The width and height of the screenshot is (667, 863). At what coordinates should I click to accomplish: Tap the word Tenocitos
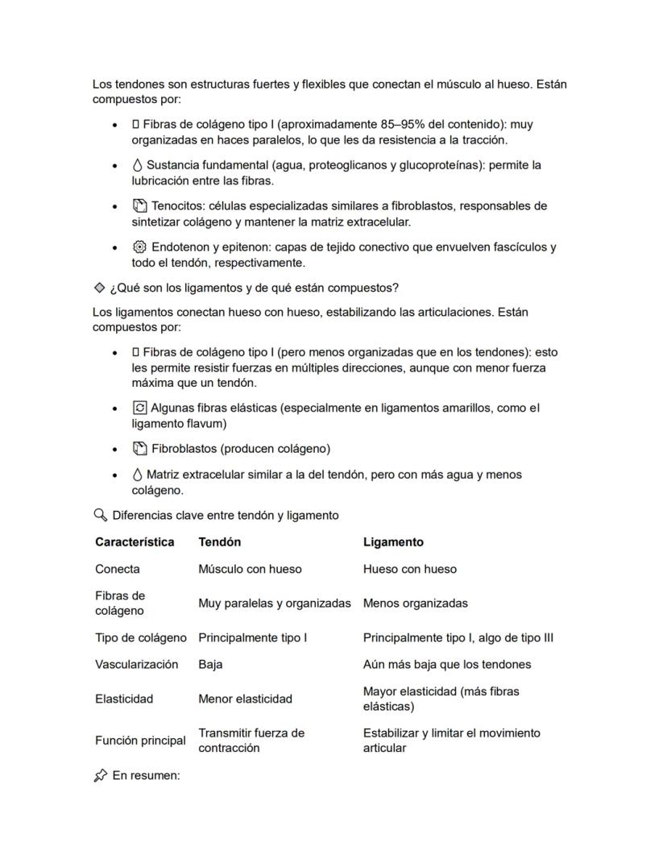point(178,206)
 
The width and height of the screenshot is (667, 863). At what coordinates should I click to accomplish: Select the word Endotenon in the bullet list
point(180,247)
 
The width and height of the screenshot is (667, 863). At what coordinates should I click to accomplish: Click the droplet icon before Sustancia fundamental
point(137,165)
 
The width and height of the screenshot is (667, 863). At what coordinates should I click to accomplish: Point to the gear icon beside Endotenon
point(139,247)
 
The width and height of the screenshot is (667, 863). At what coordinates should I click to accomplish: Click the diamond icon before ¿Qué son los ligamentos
point(99,288)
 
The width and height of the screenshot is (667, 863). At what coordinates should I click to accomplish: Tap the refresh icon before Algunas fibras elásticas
point(139,408)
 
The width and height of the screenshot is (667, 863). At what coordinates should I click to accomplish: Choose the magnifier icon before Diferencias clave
point(100,515)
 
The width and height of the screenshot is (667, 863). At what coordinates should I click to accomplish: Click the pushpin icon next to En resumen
point(100,775)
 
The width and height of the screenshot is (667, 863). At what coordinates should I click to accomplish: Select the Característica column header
point(135,542)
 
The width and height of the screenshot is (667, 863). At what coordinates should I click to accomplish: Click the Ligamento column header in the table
point(393,542)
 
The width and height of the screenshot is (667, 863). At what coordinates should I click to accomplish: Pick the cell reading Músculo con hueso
point(250,569)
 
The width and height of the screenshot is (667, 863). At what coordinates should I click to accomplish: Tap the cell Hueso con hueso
point(409,569)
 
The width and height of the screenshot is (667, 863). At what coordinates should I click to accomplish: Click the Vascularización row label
point(136,665)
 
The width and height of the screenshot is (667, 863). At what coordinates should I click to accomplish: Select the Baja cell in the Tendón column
point(210,665)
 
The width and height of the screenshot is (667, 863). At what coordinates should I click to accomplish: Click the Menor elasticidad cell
point(245,699)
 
